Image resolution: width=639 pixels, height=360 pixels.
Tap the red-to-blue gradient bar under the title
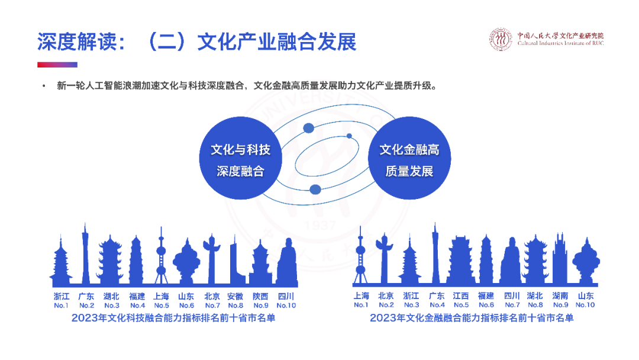[57, 65]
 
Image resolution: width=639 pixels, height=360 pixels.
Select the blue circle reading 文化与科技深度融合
[240, 160]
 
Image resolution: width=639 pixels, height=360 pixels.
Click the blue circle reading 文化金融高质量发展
[409, 160]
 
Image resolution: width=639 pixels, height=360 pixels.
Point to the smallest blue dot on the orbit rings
[349, 136]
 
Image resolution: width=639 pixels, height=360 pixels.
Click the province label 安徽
[235, 296]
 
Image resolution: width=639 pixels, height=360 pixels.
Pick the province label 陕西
[260, 296]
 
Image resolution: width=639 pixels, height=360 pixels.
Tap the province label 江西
[461, 296]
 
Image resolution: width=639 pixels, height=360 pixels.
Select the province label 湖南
[560, 296]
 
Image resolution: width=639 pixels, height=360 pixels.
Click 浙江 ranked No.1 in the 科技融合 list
[61, 296]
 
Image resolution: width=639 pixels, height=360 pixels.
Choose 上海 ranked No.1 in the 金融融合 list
[361, 296]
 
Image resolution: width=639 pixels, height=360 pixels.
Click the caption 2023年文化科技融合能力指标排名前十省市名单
[173, 318]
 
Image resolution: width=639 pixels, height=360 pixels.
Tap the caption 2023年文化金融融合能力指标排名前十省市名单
[472, 318]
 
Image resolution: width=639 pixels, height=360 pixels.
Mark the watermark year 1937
[319, 226]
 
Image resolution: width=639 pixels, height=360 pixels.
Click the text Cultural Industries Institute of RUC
[560, 43]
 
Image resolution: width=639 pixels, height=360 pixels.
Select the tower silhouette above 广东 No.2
[86, 255]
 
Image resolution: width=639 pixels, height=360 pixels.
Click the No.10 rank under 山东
[585, 305]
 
